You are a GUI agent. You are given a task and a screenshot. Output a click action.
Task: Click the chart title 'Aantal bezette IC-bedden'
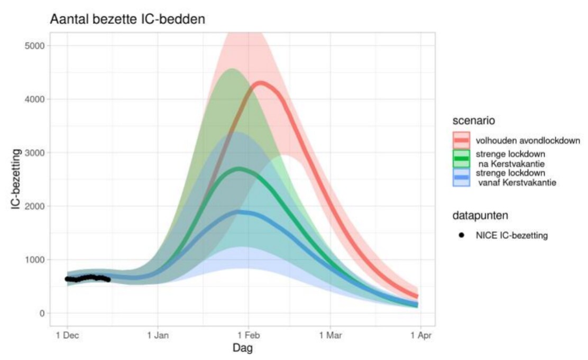127,20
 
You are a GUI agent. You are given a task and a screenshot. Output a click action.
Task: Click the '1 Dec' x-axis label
67,335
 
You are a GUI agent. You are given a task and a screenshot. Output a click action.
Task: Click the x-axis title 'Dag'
243,348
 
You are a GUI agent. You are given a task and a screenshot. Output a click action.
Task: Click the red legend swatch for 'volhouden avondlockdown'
461,141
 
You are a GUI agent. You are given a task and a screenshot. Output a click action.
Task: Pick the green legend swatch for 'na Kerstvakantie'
461,159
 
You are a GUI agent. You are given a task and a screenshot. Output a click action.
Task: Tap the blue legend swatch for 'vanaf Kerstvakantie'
461,177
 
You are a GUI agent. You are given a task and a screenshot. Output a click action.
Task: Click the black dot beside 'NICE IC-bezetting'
461,235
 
